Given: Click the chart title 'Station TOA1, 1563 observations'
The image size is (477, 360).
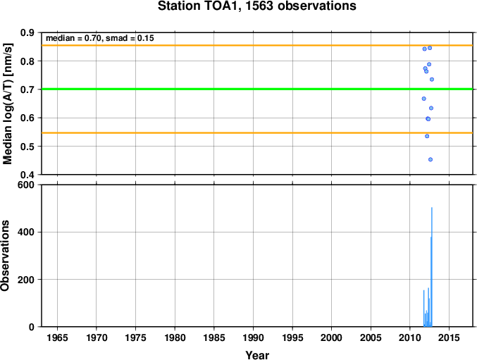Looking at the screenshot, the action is (x=257, y=6).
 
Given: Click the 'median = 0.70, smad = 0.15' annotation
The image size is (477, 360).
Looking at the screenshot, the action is (x=100, y=38).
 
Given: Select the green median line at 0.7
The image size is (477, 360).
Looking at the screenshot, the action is (x=257, y=89).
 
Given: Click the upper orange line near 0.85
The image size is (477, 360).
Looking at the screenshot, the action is (x=257, y=45).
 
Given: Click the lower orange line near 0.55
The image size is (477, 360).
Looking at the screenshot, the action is (x=257, y=133).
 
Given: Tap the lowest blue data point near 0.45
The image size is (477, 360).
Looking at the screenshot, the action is (x=430, y=160).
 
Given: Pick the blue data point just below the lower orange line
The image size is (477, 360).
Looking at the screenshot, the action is (x=427, y=136).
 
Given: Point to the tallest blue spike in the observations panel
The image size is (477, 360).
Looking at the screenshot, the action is (x=432, y=267).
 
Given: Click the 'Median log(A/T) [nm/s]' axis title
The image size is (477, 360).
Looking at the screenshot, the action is (x=8, y=104).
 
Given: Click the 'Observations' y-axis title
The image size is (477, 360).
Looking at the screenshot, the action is (x=5, y=256).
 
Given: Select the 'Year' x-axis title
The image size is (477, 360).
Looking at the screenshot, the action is (x=257, y=355).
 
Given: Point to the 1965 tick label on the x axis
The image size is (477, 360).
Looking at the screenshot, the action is (x=57, y=337).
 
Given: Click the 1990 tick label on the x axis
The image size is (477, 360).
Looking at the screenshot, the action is (x=253, y=337).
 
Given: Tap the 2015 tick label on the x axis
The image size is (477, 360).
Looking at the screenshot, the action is (x=449, y=337).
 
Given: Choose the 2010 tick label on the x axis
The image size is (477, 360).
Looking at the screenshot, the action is (x=410, y=337).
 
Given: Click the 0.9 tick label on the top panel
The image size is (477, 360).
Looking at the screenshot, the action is (x=27, y=32).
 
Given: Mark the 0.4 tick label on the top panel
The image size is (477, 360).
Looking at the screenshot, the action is (x=27, y=175).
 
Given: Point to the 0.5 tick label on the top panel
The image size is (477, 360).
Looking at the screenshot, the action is (x=27, y=147).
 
